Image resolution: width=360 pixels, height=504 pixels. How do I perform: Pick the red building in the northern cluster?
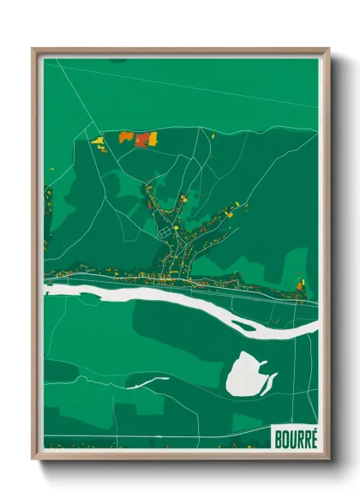(141, 140)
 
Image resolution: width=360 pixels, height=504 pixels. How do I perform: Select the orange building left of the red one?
(126, 135)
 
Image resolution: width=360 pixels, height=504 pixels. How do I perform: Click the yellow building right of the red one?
(153, 136)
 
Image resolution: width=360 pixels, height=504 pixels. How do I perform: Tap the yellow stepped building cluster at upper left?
(98, 141)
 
